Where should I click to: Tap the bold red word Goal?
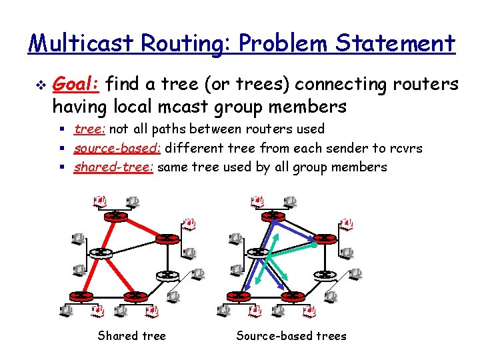click(x=75, y=85)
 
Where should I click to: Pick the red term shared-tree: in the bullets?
click(x=113, y=167)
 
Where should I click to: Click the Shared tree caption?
click(x=131, y=335)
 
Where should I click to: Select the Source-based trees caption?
click(x=291, y=335)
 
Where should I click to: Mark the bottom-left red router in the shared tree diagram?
click(x=82, y=295)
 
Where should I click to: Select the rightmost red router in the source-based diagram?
click(x=325, y=238)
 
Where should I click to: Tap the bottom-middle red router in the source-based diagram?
click(x=291, y=295)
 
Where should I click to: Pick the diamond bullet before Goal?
click(x=39, y=85)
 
